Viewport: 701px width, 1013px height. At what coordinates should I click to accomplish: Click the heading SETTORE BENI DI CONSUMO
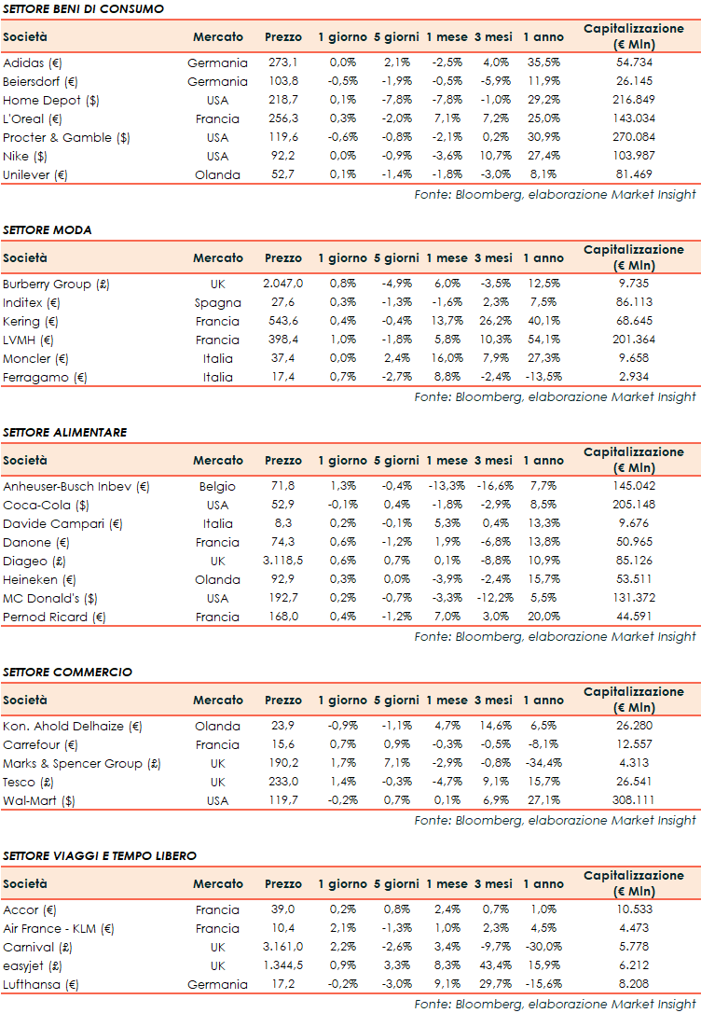[83, 8]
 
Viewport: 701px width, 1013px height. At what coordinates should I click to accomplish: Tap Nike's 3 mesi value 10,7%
[493, 156]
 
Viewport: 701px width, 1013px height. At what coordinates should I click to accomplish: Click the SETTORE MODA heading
[47, 229]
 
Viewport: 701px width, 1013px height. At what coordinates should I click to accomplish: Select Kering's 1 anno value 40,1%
[543, 321]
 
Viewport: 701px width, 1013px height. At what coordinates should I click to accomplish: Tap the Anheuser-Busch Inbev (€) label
[76, 486]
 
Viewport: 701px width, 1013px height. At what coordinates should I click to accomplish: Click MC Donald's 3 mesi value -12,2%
[493, 598]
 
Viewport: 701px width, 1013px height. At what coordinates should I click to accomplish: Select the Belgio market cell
[217, 486]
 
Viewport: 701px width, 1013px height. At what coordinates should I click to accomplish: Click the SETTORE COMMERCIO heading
[67, 672]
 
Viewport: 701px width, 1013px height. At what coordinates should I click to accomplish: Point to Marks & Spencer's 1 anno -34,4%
[543, 763]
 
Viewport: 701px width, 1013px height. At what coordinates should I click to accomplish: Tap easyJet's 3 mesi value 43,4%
[493, 965]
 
